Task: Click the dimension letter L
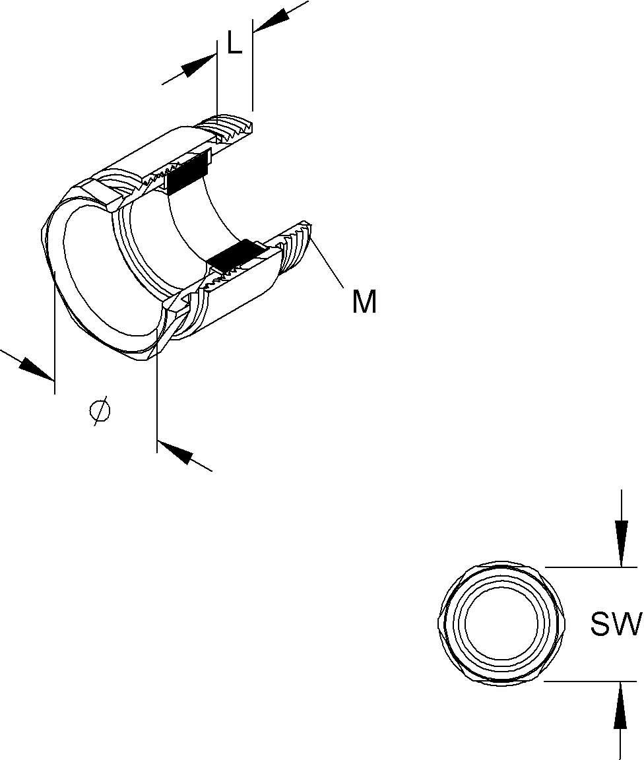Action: pos(235,43)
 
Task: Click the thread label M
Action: pos(364,301)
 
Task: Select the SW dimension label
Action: pos(616,624)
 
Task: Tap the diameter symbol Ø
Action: pos(100,411)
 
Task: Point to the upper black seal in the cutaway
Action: pos(187,173)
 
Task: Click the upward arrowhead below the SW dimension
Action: pos(621,705)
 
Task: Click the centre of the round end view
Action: pos(501,623)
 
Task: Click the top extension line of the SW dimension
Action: pos(591,567)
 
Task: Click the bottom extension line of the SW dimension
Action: pos(590,681)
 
